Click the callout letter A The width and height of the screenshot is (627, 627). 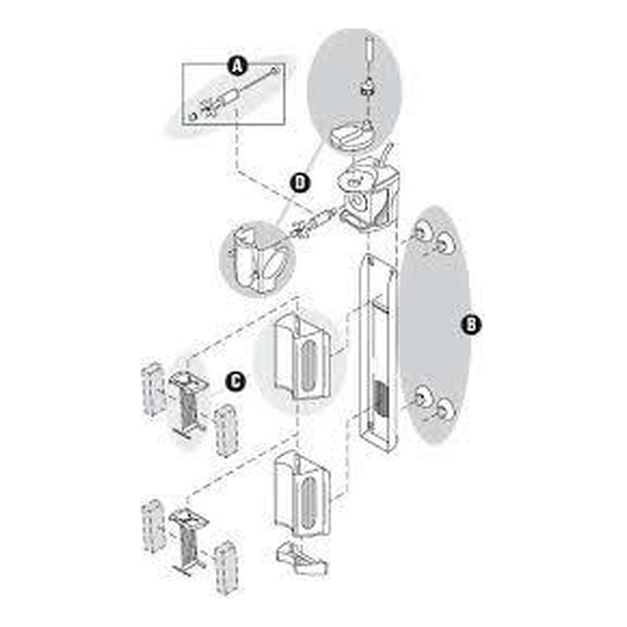click(x=237, y=66)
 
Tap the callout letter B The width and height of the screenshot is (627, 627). click(x=471, y=324)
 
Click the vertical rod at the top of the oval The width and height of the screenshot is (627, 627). click(x=370, y=48)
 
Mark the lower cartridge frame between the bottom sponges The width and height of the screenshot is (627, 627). click(x=187, y=540)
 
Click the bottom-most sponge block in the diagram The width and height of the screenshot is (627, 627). click(x=226, y=568)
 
